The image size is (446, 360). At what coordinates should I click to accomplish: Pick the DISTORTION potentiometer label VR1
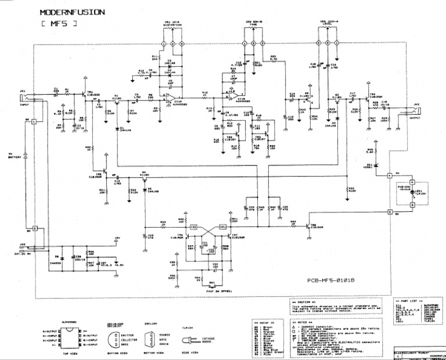172,24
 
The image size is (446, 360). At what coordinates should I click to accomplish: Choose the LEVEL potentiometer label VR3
329,24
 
